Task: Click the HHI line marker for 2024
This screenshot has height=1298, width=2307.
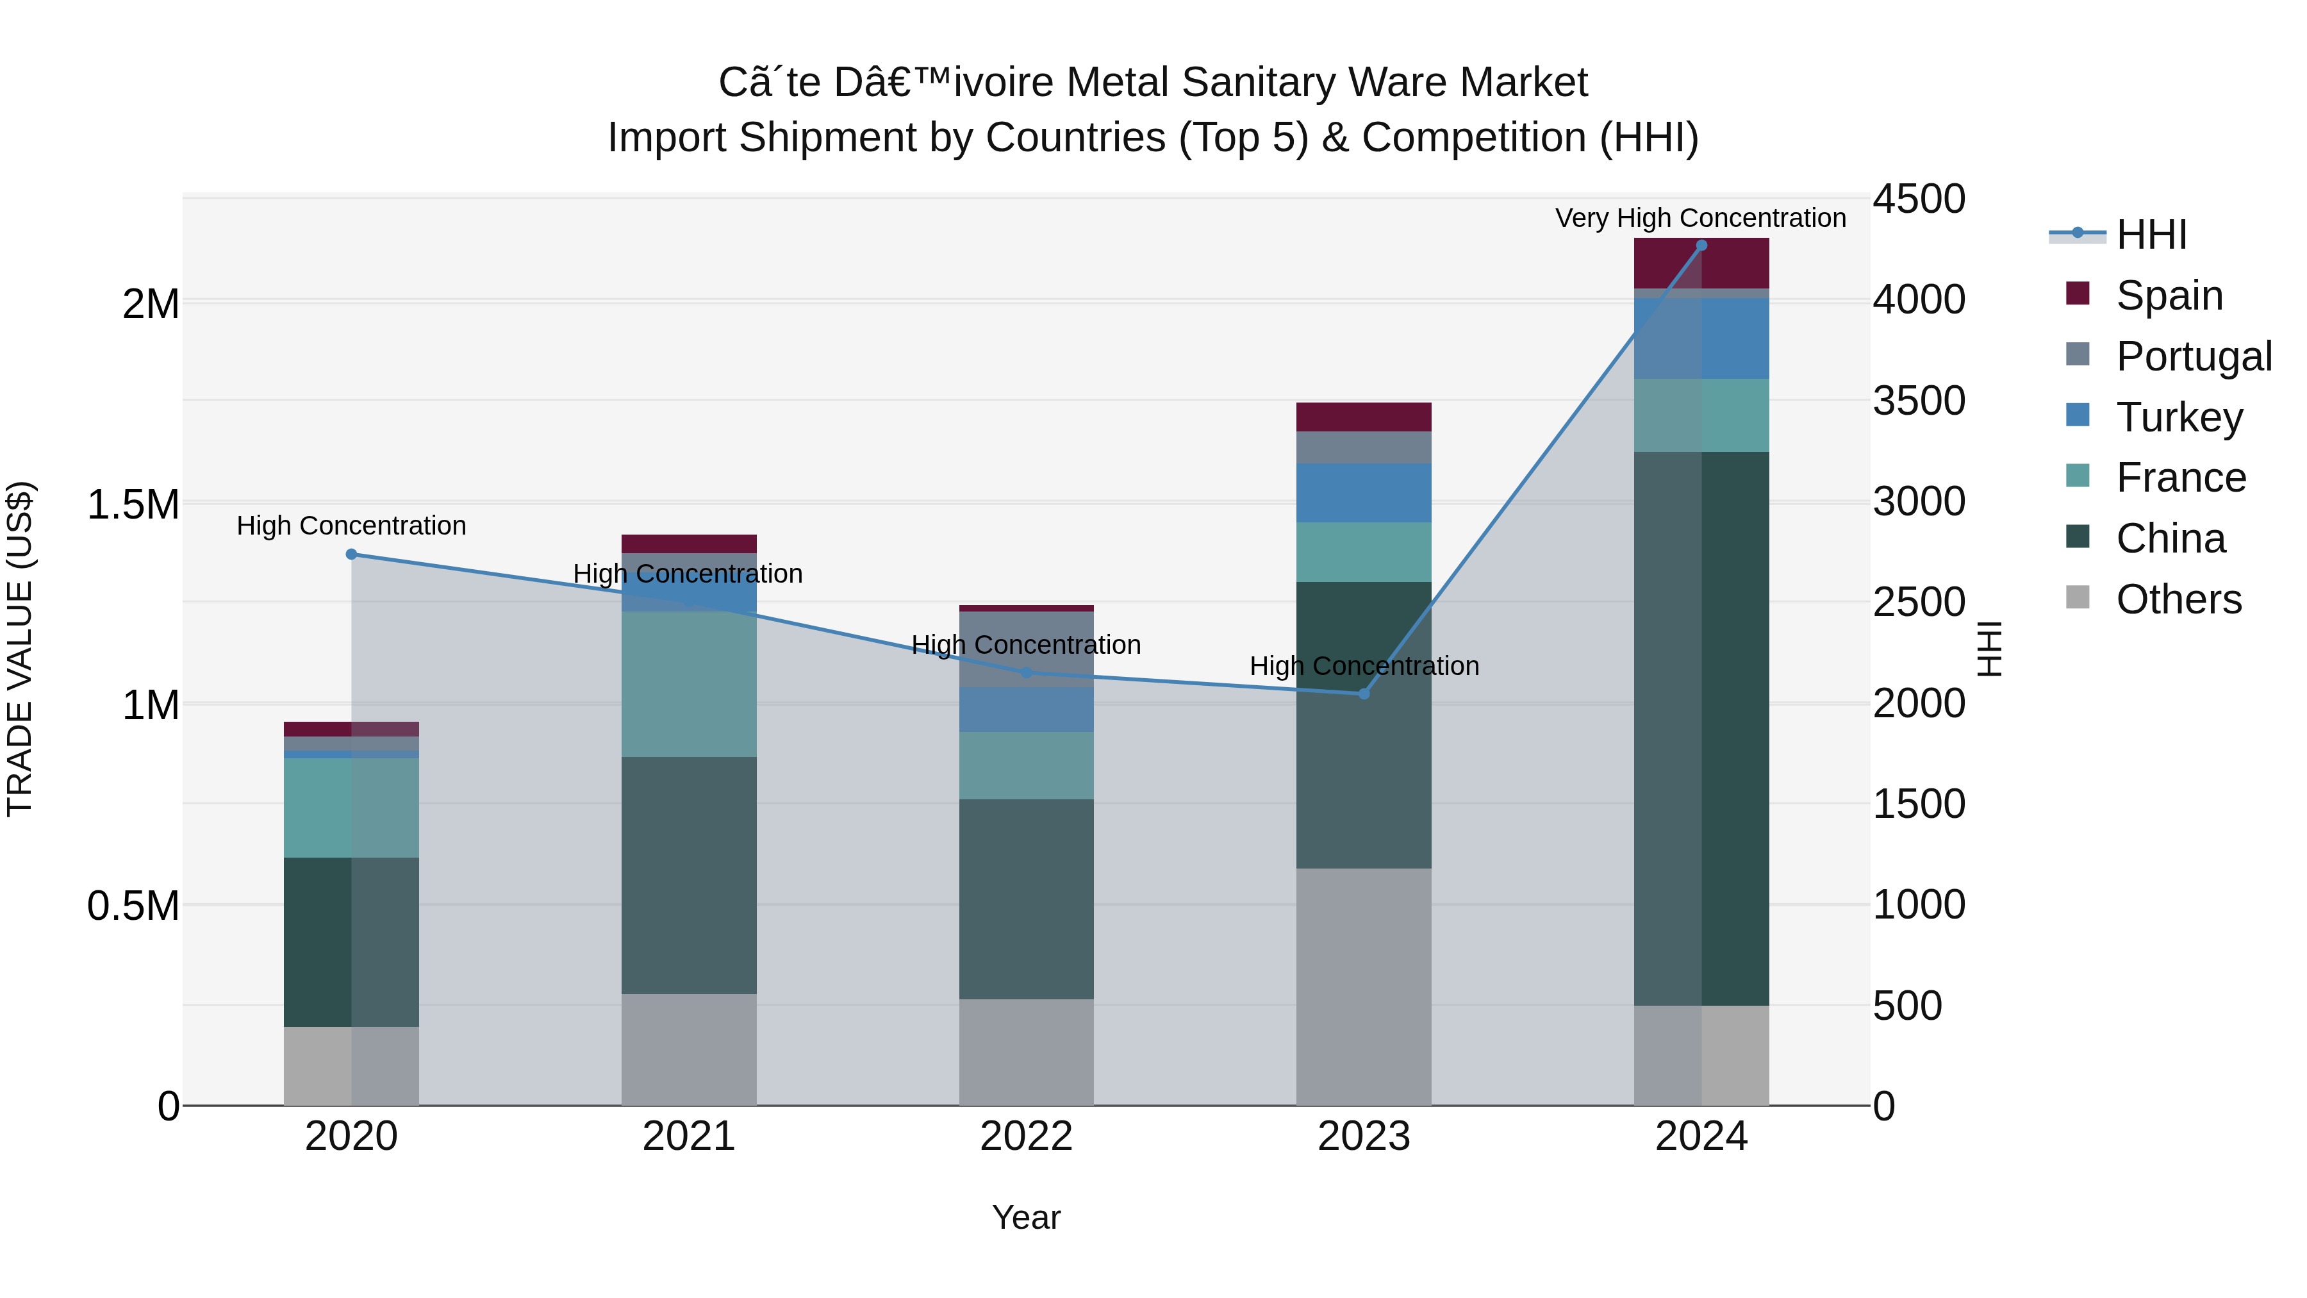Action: [x=1701, y=245]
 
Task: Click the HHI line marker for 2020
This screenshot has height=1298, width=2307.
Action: [x=351, y=554]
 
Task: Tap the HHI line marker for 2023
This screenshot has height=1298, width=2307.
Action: [x=1364, y=694]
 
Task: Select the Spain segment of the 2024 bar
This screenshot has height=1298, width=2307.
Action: [x=1701, y=263]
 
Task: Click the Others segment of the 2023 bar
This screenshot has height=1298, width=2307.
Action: [x=1364, y=985]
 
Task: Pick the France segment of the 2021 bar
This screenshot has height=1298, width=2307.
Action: [x=689, y=685]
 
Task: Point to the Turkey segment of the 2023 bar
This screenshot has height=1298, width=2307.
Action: [x=1364, y=493]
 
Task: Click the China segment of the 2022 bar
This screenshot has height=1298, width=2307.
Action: [x=1027, y=899]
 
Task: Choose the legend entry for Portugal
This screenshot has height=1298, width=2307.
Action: [x=2194, y=356]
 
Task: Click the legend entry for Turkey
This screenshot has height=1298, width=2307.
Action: [x=2179, y=417]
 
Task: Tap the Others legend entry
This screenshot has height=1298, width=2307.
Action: [x=2178, y=599]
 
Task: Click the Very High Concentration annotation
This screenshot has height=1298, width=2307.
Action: [x=1699, y=218]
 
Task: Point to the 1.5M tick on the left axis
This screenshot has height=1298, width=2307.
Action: [x=133, y=504]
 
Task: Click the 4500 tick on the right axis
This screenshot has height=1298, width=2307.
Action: [x=1918, y=199]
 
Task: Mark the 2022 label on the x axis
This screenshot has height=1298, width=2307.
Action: [x=1027, y=1136]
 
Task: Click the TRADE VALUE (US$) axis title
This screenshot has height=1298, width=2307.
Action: [x=20, y=649]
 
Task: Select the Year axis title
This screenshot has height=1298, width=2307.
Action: [x=1027, y=1217]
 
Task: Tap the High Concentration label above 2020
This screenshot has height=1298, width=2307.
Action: [x=351, y=525]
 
